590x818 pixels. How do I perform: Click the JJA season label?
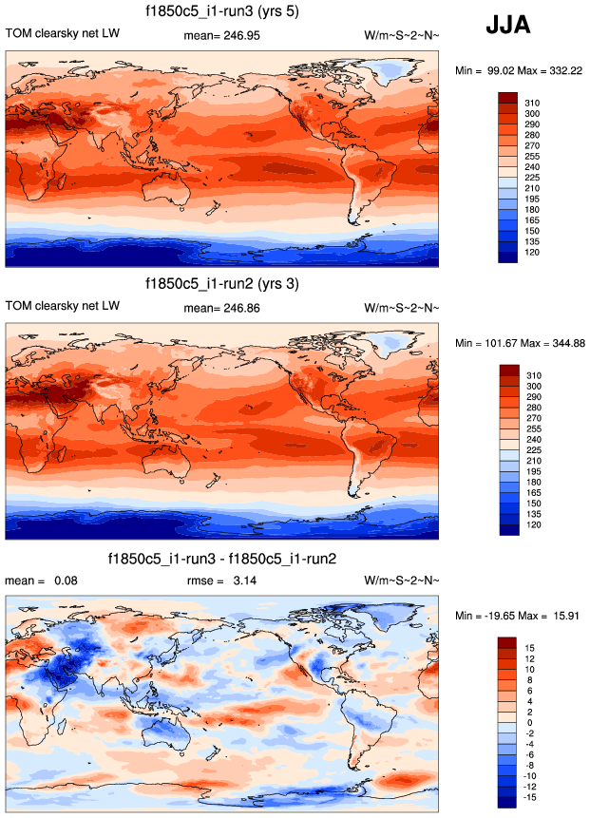(508, 25)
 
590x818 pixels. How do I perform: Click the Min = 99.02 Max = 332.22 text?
(518, 71)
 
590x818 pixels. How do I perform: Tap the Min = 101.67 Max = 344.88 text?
(519, 342)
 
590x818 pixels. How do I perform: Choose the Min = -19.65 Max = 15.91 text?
(518, 616)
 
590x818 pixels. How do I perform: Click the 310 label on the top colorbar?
(532, 101)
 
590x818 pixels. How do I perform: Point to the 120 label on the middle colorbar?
(532, 524)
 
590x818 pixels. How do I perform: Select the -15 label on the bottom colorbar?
(531, 798)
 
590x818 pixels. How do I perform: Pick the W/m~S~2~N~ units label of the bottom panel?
(402, 580)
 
